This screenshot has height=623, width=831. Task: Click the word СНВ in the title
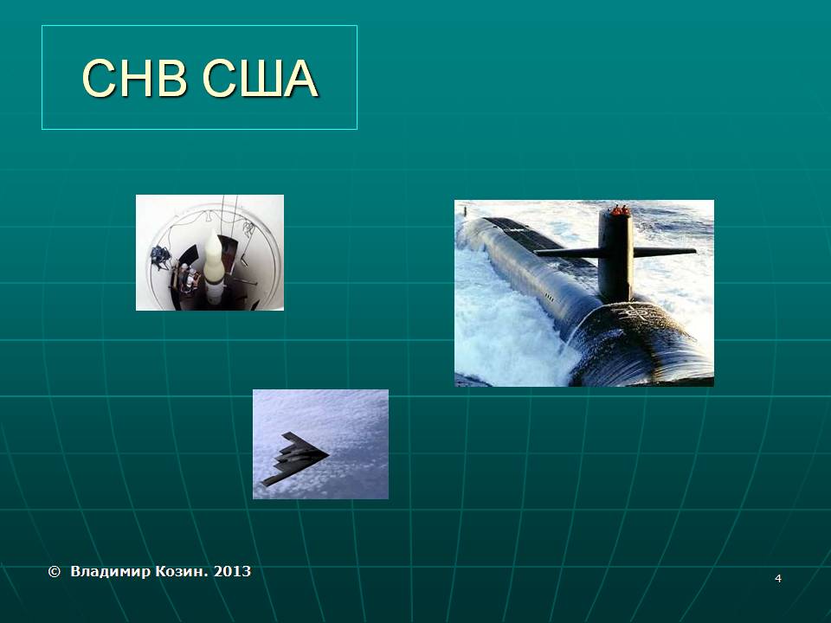135,79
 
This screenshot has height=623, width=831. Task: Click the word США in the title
261,79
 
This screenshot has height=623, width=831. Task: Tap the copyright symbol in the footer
54,572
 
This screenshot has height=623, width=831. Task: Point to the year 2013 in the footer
232,572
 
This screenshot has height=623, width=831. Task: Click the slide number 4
778,579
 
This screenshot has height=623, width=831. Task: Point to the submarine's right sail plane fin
665,252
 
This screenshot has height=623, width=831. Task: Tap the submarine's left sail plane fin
567,253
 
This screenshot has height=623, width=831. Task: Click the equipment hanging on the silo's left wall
160,257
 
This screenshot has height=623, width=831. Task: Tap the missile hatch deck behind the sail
525,232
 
